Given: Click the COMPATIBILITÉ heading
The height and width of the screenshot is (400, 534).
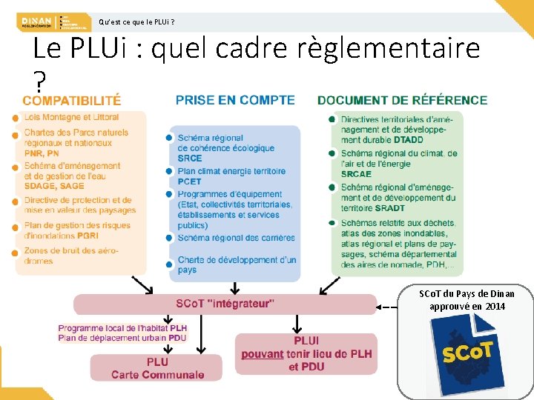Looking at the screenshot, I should click(x=72, y=100).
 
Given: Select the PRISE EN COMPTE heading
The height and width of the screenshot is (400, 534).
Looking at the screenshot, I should click(x=235, y=100).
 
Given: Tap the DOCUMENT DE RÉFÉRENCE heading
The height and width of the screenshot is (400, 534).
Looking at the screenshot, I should click(x=402, y=100).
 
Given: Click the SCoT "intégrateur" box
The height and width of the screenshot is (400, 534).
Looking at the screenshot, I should click(x=225, y=304).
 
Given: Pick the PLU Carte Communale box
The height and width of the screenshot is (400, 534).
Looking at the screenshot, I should click(x=156, y=368).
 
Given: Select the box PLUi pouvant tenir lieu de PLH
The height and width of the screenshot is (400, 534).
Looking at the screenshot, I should click(x=306, y=353).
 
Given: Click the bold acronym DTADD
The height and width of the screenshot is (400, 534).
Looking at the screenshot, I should click(x=409, y=140).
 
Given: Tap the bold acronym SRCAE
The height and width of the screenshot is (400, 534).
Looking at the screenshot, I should click(x=356, y=174).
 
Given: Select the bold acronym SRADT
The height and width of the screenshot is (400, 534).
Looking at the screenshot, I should click(x=389, y=208).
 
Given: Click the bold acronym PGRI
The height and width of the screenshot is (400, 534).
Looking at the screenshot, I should click(x=88, y=236).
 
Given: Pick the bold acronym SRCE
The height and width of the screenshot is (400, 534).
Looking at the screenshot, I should click(x=190, y=158).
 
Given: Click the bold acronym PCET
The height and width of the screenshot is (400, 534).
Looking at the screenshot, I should click(x=189, y=181).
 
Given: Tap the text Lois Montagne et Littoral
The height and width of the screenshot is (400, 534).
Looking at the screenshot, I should click(x=70, y=117).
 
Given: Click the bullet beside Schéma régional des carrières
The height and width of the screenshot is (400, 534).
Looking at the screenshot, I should click(x=170, y=238).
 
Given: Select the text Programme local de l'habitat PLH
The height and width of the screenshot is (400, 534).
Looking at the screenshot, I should click(x=122, y=328).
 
